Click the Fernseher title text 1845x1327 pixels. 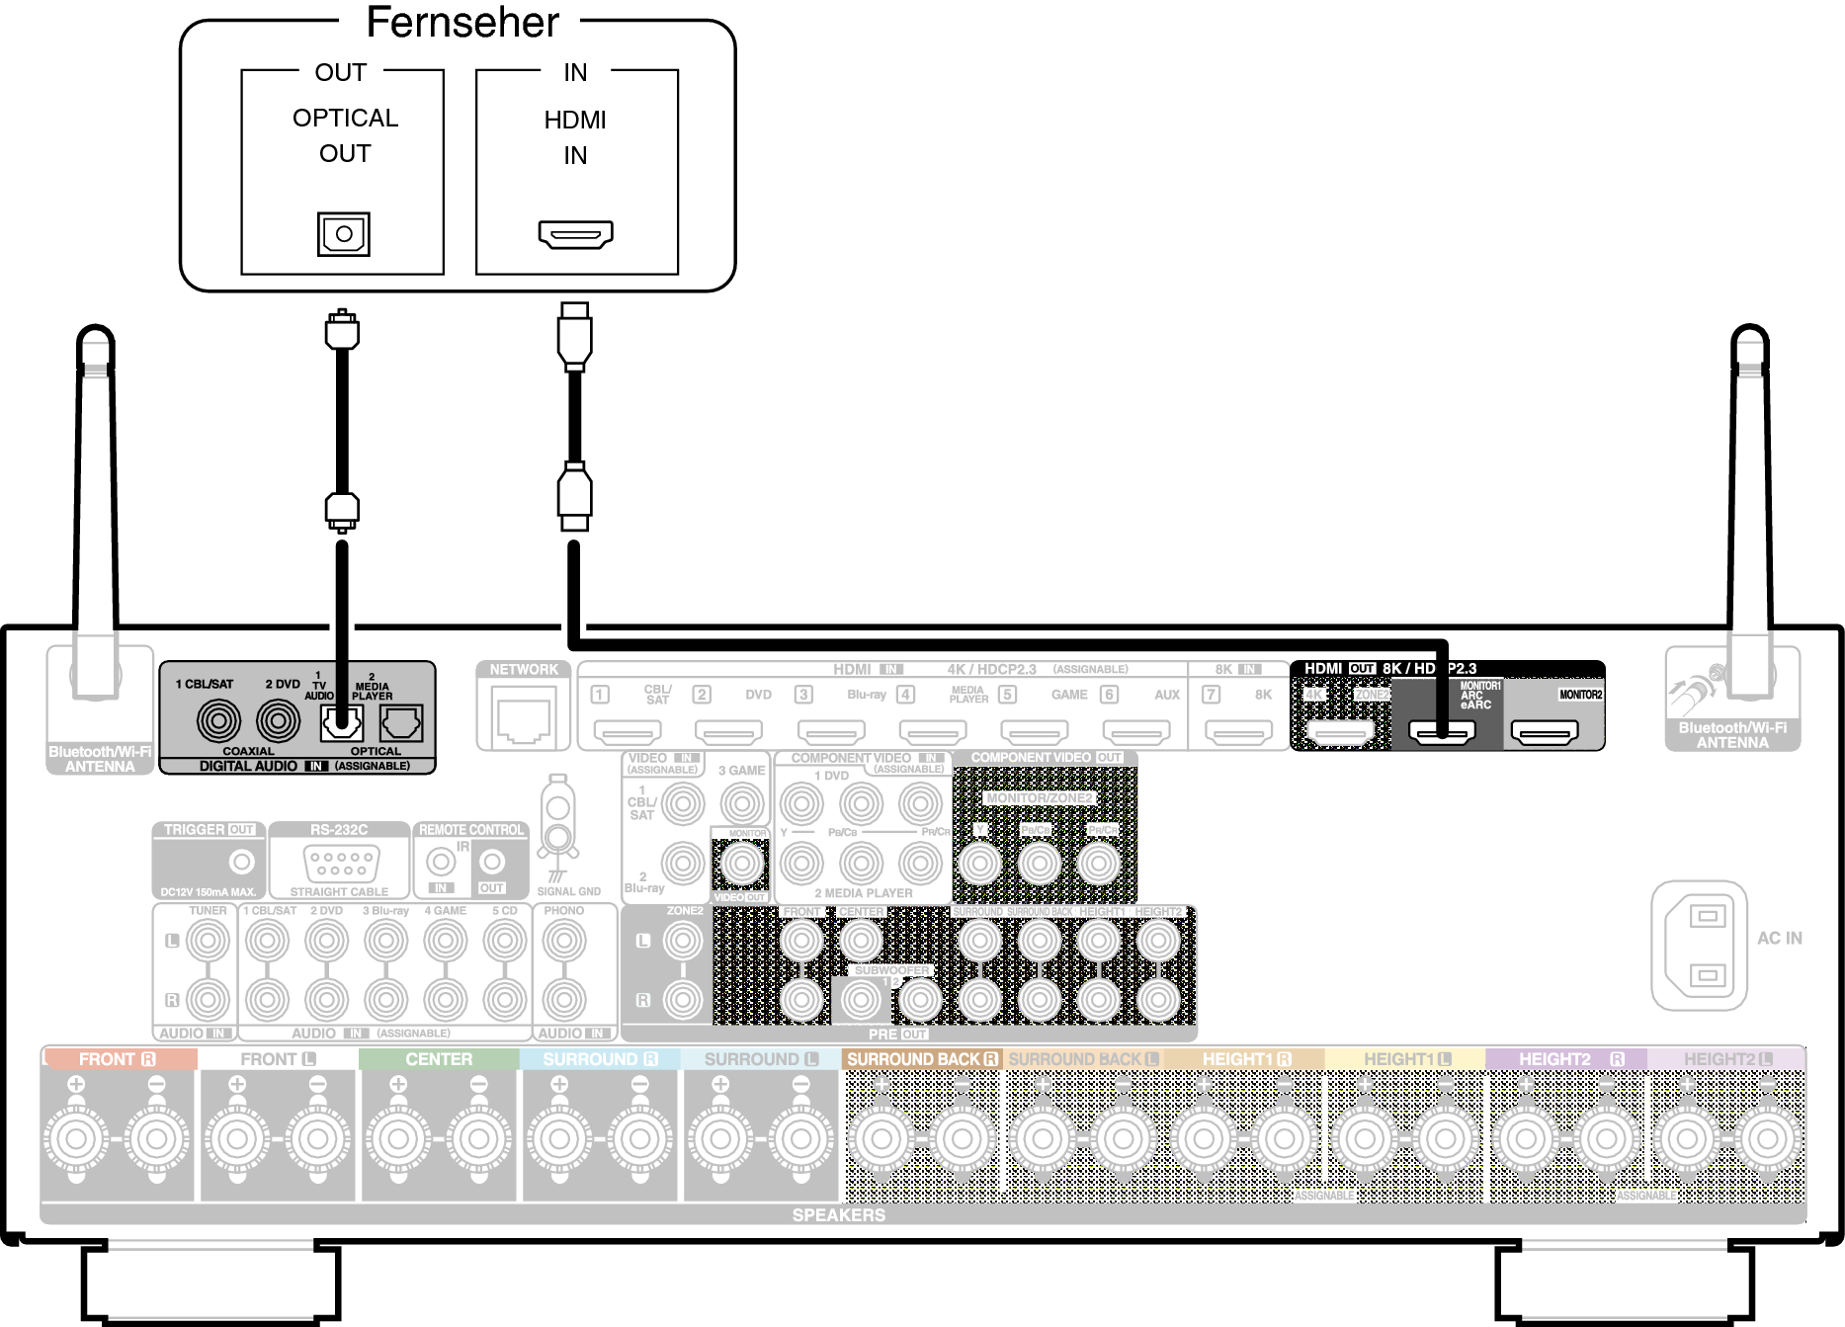point(461,23)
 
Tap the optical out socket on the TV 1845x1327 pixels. point(343,234)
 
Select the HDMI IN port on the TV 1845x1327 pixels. point(575,234)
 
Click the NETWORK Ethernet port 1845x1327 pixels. point(524,719)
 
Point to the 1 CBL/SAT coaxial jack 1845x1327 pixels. point(218,720)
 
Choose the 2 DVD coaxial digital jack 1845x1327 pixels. point(279,720)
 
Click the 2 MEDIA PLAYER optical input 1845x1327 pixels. point(401,724)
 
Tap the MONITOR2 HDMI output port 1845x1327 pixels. point(1546,732)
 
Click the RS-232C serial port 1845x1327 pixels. point(340,864)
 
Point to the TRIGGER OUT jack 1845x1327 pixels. point(241,862)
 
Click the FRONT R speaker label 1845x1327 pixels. point(118,1059)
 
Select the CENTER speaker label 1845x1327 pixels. point(439,1059)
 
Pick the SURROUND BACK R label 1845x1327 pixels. point(921,1059)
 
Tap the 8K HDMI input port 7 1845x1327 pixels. point(1238,732)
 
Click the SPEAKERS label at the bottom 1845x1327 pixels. point(838,1215)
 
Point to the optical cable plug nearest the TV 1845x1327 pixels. point(342,330)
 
